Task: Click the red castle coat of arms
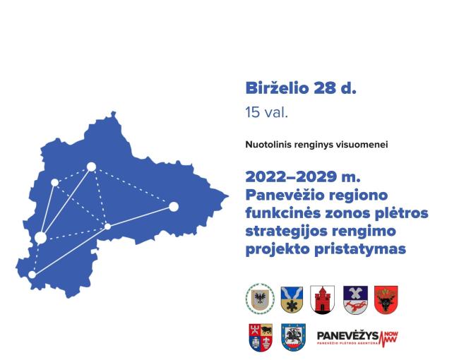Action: (x=322, y=300)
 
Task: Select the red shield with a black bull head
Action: (x=386, y=300)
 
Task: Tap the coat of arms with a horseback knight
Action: (x=293, y=337)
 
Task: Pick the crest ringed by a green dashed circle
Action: (x=260, y=299)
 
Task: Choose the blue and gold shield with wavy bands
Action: (x=292, y=300)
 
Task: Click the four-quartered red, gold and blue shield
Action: (x=261, y=337)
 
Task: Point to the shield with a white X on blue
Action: (x=355, y=300)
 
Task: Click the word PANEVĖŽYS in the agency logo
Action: (x=347, y=336)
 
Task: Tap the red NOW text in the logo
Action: (x=391, y=334)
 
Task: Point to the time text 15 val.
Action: (x=267, y=112)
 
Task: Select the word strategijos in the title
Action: (x=282, y=232)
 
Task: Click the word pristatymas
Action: (x=360, y=250)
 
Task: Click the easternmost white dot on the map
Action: (x=174, y=207)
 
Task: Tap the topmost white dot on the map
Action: (x=91, y=167)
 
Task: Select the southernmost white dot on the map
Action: (x=32, y=275)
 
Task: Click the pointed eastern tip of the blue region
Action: (x=228, y=196)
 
